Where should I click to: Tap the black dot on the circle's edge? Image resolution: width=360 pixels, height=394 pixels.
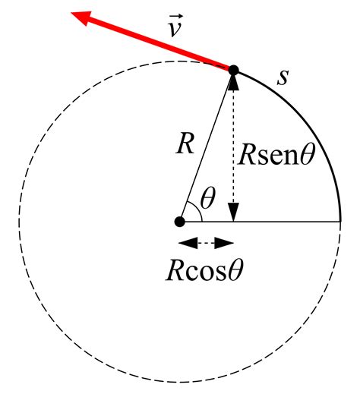pyautogui.click(x=233, y=70)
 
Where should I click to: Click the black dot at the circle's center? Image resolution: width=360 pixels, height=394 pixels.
pyautogui.click(x=180, y=222)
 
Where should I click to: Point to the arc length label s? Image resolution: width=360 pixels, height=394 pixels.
pyautogui.click(x=283, y=77)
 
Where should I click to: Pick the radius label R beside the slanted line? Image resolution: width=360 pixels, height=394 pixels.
pyautogui.click(x=185, y=143)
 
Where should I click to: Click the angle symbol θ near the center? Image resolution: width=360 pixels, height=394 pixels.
pyautogui.click(x=207, y=198)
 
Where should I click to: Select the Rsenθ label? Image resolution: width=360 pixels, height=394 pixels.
pyautogui.click(x=276, y=154)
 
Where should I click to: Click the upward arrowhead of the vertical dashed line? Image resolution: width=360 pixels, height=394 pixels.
pyautogui.click(x=233, y=82)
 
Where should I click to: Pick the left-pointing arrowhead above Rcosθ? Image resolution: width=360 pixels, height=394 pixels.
pyautogui.click(x=188, y=243)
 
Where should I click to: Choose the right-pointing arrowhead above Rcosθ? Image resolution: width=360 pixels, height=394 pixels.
pyautogui.click(x=224, y=243)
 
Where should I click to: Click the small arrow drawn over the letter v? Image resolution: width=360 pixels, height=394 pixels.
pyautogui.click(x=176, y=17)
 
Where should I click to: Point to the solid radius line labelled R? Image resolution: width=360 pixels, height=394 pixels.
pyautogui.click(x=207, y=146)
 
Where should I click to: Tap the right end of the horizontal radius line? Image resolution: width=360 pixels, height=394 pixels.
pyautogui.click(x=340, y=222)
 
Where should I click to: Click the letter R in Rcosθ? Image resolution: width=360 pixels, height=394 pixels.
pyautogui.click(x=175, y=271)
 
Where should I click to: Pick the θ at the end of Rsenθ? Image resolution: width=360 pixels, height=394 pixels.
pyautogui.click(x=308, y=153)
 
